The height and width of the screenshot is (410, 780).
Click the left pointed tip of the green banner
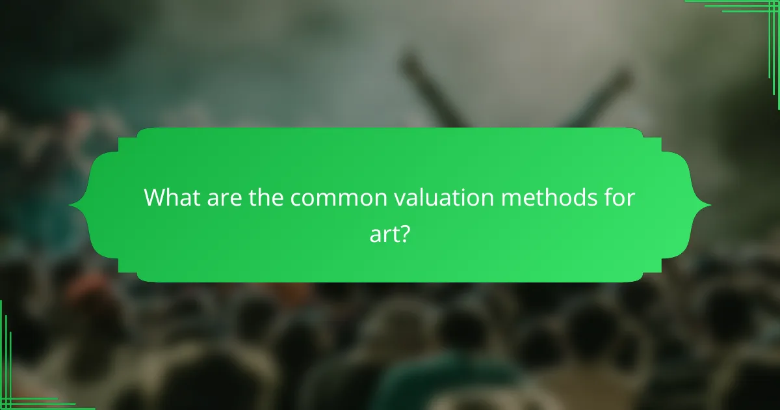coord(70,206)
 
